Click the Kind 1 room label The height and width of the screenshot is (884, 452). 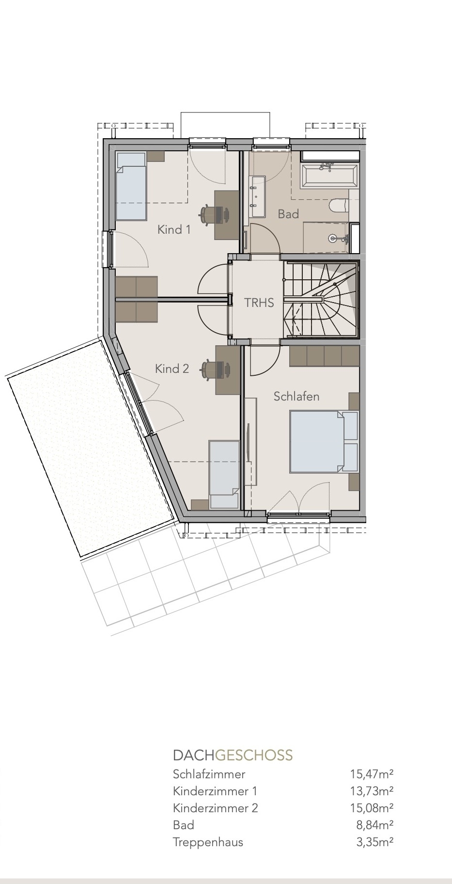(x=174, y=229)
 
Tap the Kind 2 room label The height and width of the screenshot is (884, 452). (x=172, y=369)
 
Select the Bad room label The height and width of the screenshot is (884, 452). (x=288, y=214)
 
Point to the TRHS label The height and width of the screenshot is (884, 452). (x=259, y=303)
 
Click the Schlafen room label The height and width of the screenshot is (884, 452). (x=296, y=396)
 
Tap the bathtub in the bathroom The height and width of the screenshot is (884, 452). (x=330, y=176)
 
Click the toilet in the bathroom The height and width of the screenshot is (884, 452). (x=338, y=206)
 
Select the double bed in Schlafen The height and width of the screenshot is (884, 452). (x=324, y=441)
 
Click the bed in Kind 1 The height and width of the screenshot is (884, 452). (x=131, y=186)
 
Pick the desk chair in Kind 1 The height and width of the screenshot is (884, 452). (x=210, y=214)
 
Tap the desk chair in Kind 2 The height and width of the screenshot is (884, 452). (x=211, y=370)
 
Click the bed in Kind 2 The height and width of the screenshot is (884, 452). (x=224, y=475)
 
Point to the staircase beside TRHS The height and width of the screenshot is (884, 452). (x=321, y=300)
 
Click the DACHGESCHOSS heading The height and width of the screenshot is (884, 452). (x=233, y=755)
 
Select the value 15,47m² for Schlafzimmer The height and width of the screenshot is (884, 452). (x=372, y=774)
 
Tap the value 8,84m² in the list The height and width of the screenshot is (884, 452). (x=374, y=825)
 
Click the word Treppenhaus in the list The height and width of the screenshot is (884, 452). (x=208, y=842)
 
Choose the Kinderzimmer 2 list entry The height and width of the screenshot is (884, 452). (x=216, y=808)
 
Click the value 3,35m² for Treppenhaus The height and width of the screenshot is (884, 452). (x=374, y=842)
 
